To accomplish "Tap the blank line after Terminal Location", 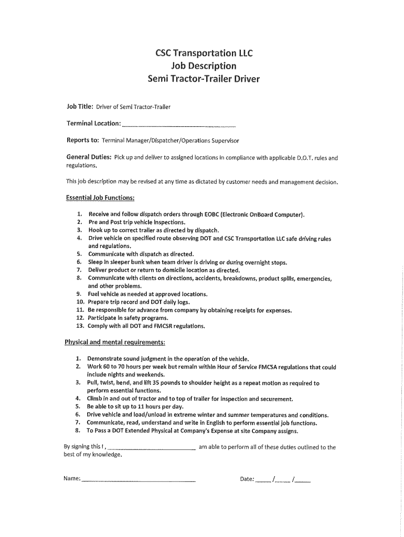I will pos(178,126).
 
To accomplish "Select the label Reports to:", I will pos(82,141).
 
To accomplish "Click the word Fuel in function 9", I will pos(94,294).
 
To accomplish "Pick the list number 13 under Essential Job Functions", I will pos(80,326).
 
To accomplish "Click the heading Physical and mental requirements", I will pos(115,342).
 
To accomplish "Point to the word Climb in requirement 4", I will pos(95,399).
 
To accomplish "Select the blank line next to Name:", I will pos(139,480).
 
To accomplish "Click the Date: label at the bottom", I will pos(247,479).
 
